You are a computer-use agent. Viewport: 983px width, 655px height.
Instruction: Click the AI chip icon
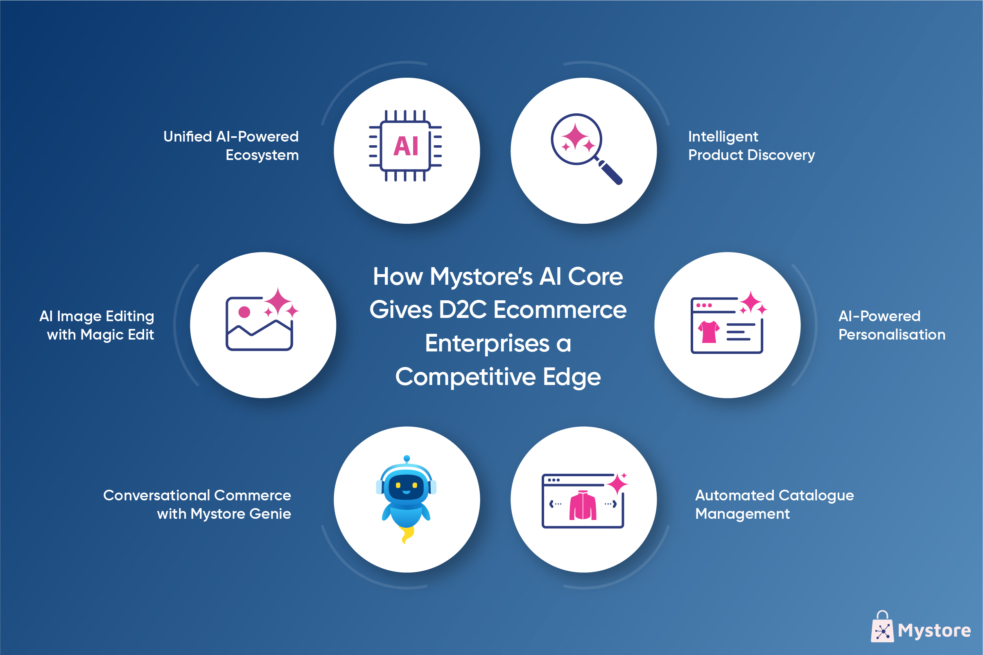[x=405, y=146]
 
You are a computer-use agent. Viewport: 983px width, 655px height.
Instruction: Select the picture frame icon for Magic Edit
[x=259, y=324]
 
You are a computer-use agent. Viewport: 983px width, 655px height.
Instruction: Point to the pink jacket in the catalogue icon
[x=583, y=505]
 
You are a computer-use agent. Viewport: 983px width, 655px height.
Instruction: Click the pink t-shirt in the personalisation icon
[x=709, y=332]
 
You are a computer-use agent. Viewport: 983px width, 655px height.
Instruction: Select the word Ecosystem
[x=262, y=155]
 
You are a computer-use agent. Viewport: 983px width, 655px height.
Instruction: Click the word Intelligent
[x=723, y=137]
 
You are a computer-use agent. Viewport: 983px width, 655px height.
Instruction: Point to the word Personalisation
[x=892, y=335]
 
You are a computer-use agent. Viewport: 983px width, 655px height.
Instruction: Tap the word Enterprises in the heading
[x=487, y=344]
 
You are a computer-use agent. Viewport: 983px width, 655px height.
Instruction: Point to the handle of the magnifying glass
[x=610, y=172]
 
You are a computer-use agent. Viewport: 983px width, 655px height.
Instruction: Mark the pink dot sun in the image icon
[x=244, y=312]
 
